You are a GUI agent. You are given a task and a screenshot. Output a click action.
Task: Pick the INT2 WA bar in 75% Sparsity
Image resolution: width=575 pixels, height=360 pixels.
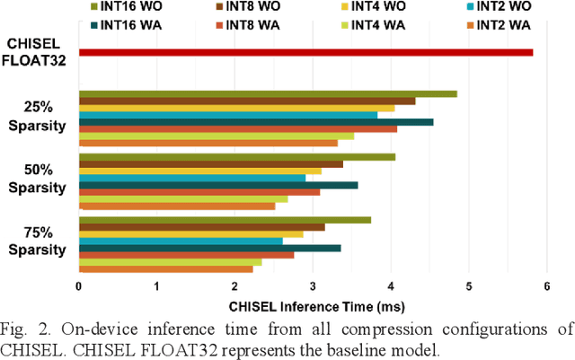166,268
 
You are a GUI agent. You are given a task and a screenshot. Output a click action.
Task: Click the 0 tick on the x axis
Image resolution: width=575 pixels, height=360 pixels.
79,287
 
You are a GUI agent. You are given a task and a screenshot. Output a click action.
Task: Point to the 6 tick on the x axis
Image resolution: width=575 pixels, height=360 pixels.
546,287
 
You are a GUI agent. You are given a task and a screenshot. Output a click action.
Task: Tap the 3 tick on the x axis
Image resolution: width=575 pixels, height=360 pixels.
313,287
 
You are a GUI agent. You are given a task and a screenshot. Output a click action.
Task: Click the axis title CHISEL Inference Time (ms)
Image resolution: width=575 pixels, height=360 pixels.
313,304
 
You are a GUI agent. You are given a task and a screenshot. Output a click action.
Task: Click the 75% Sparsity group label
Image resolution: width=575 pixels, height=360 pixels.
38,241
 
